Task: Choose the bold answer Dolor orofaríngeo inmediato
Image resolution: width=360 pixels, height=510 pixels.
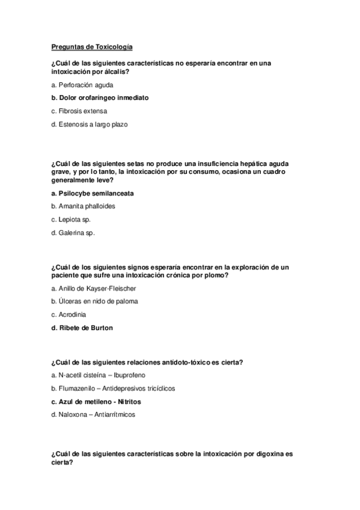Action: pos(100,98)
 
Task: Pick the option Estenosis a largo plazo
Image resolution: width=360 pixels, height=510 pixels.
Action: pos(90,124)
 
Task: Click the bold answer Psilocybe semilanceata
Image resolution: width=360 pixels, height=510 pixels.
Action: pos(93,193)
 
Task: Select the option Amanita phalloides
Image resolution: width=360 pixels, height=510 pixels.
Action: pos(83,206)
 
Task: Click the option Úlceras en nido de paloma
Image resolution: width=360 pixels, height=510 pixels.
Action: pos(91,301)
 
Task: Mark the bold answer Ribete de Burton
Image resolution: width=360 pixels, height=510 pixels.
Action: pos(82,328)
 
